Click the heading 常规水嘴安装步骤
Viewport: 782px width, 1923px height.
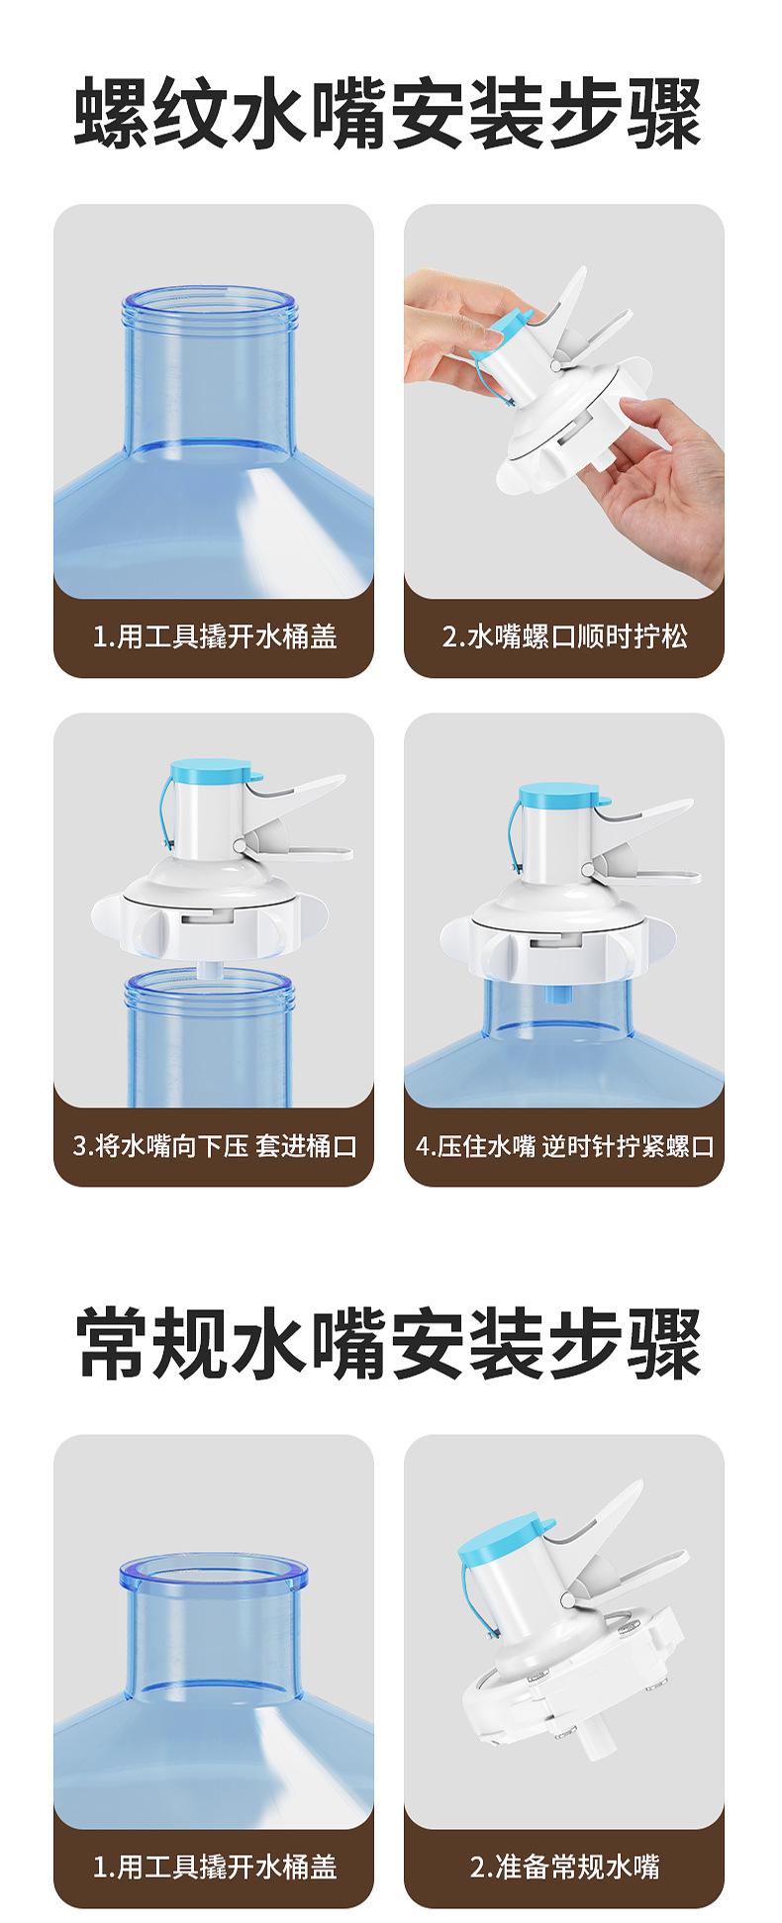coord(388,1344)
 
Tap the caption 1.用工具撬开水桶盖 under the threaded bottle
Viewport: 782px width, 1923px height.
coord(215,635)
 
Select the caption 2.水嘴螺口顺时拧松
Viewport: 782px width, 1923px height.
coord(564,635)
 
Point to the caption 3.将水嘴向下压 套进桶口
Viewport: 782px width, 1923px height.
coord(215,1146)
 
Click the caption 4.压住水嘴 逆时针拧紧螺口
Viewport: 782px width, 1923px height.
coord(564,1146)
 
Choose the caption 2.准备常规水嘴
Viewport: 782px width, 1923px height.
coord(564,1867)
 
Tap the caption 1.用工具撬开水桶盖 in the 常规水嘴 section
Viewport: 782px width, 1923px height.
coord(215,1867)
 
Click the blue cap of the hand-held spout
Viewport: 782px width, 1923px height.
coord(501,333)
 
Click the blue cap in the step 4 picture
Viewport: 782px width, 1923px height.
coord(560,794)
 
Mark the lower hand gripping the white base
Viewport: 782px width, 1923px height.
coord(658,485)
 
